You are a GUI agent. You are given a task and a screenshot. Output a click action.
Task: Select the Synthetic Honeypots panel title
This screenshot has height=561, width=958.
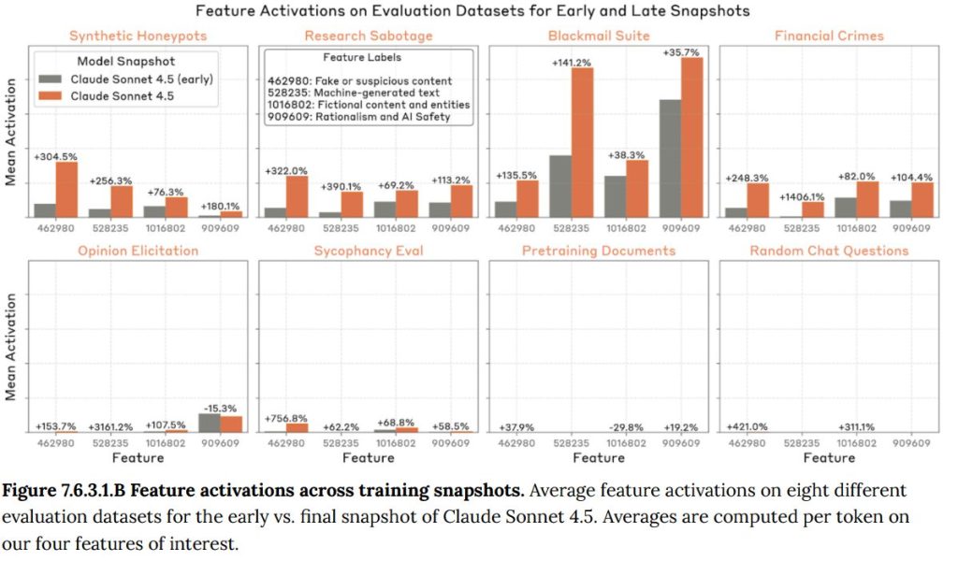(x=138, y=36)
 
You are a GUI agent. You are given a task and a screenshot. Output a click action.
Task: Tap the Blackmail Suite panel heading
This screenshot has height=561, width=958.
(x=599, y=36)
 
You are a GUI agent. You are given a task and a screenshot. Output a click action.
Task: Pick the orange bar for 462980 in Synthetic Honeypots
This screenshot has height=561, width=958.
(x=66, y=190)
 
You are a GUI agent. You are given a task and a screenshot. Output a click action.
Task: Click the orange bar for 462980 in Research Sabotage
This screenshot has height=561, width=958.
(x=297, y=196)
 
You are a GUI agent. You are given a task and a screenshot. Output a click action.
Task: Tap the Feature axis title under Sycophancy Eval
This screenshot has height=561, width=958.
(x=368, y=458)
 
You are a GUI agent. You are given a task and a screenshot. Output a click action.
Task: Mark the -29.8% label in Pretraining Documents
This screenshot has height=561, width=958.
(x=629, y=426)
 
